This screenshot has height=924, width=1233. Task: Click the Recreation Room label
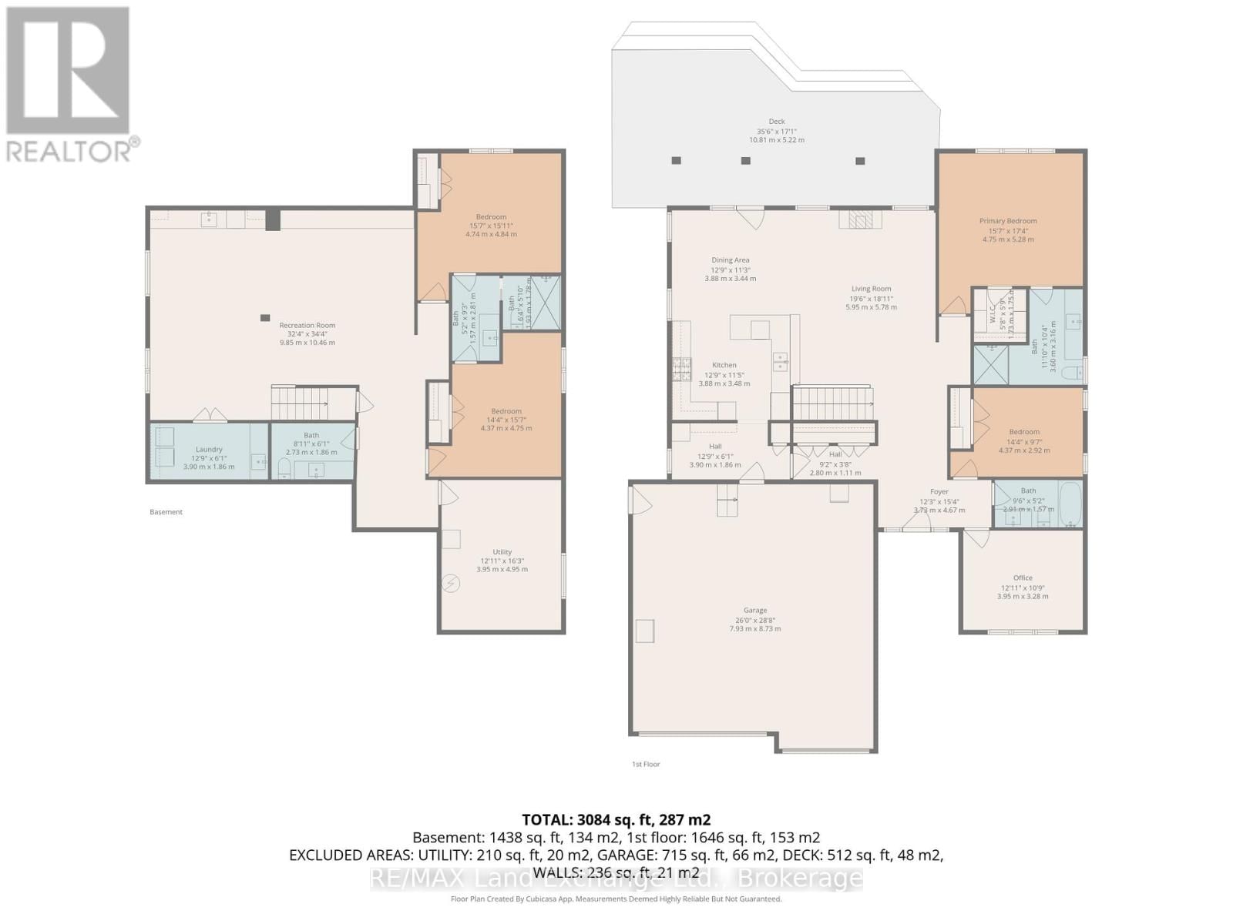pos(307,325)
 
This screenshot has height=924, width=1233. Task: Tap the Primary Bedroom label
pos(1008,221)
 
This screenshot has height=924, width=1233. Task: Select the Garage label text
pos(755,611)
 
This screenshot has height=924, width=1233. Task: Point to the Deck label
pos(777,121)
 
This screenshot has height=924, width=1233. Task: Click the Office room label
pos(1023,577)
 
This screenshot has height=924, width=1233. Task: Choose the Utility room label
pos(502,552)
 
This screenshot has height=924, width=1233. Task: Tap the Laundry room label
pos(209,450)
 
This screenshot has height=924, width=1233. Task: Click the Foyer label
pos(939,491)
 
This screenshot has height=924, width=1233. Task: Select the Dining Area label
pos(730,260)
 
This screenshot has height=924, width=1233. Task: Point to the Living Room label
pos(871,289)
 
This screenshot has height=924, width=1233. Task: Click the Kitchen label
pos(724,365)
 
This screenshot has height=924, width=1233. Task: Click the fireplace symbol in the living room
pos(858,221)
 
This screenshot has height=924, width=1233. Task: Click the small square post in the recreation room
pos(265,317)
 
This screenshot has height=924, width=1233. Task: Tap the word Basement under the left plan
pos(166,512)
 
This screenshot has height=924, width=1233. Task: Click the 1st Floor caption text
pos(646,765)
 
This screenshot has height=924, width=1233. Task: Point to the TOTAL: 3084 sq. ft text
pos(616,820)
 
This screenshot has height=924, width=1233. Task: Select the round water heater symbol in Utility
pos(451,584)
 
